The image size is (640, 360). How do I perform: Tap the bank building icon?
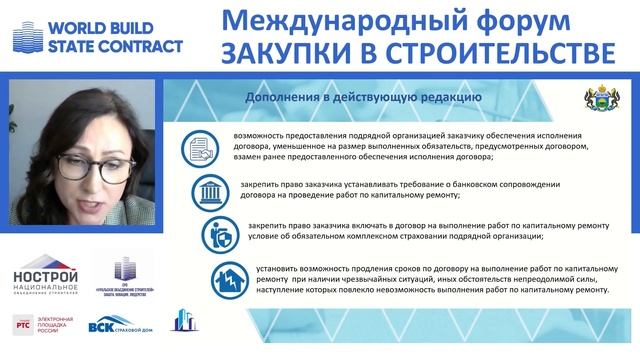pyautogui.click(x=212, y=192)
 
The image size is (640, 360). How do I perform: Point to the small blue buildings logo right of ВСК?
pyautogui.click(x=183, y=320)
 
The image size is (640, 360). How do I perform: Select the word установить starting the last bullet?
pyautogui.click(x=287, y=268)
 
